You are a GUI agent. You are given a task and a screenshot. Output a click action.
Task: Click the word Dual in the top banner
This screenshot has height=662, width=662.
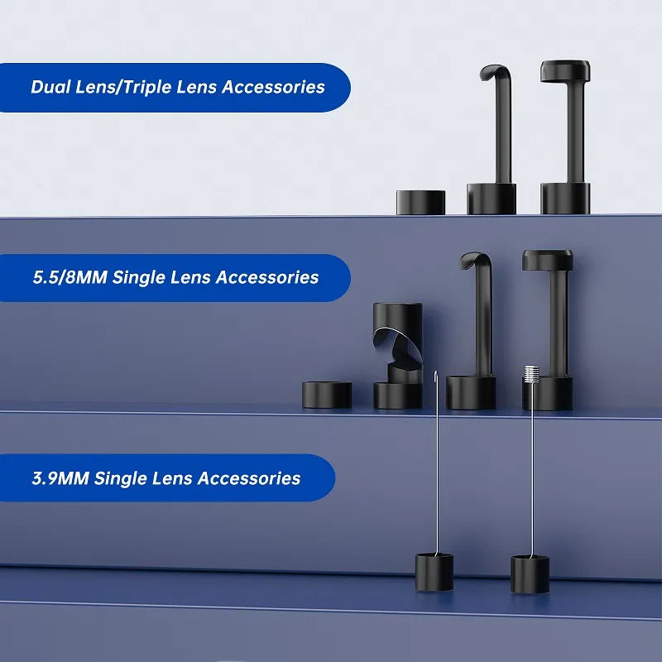click(x=50, y=87)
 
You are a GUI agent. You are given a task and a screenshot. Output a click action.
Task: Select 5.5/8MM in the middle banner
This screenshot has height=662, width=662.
click(x=70, y=277)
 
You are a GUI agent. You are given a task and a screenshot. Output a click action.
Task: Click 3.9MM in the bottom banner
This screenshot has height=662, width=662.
click(x=60, y=478)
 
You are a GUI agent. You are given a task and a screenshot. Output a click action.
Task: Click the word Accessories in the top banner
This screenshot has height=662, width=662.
click(x=273, y=87)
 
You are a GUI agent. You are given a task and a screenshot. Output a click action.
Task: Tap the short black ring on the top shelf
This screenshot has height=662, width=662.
click(x=420, y=202)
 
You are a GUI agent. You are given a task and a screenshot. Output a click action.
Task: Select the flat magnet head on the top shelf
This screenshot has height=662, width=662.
click(x=565, y=71)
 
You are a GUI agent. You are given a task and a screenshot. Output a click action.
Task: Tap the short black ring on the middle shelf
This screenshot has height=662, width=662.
click(x=327, y=395)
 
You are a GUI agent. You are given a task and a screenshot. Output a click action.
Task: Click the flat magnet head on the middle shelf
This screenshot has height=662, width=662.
click(x=548, y=260)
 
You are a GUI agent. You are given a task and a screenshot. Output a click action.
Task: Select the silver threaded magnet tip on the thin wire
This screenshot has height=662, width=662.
click(x=531, y=374)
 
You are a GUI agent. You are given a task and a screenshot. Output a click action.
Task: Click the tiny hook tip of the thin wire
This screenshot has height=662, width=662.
click(x=436, y=376)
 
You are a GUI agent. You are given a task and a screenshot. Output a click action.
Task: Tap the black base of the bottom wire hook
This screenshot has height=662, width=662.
click(x=434, y=572)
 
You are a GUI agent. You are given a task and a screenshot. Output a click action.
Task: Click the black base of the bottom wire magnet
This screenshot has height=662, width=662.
click(x=530, y=574)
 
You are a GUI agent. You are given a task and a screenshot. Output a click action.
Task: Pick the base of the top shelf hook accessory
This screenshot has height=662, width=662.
click(x=492, y=199)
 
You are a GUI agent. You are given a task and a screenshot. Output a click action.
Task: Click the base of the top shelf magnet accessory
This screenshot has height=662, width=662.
click(x=565, y=198)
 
